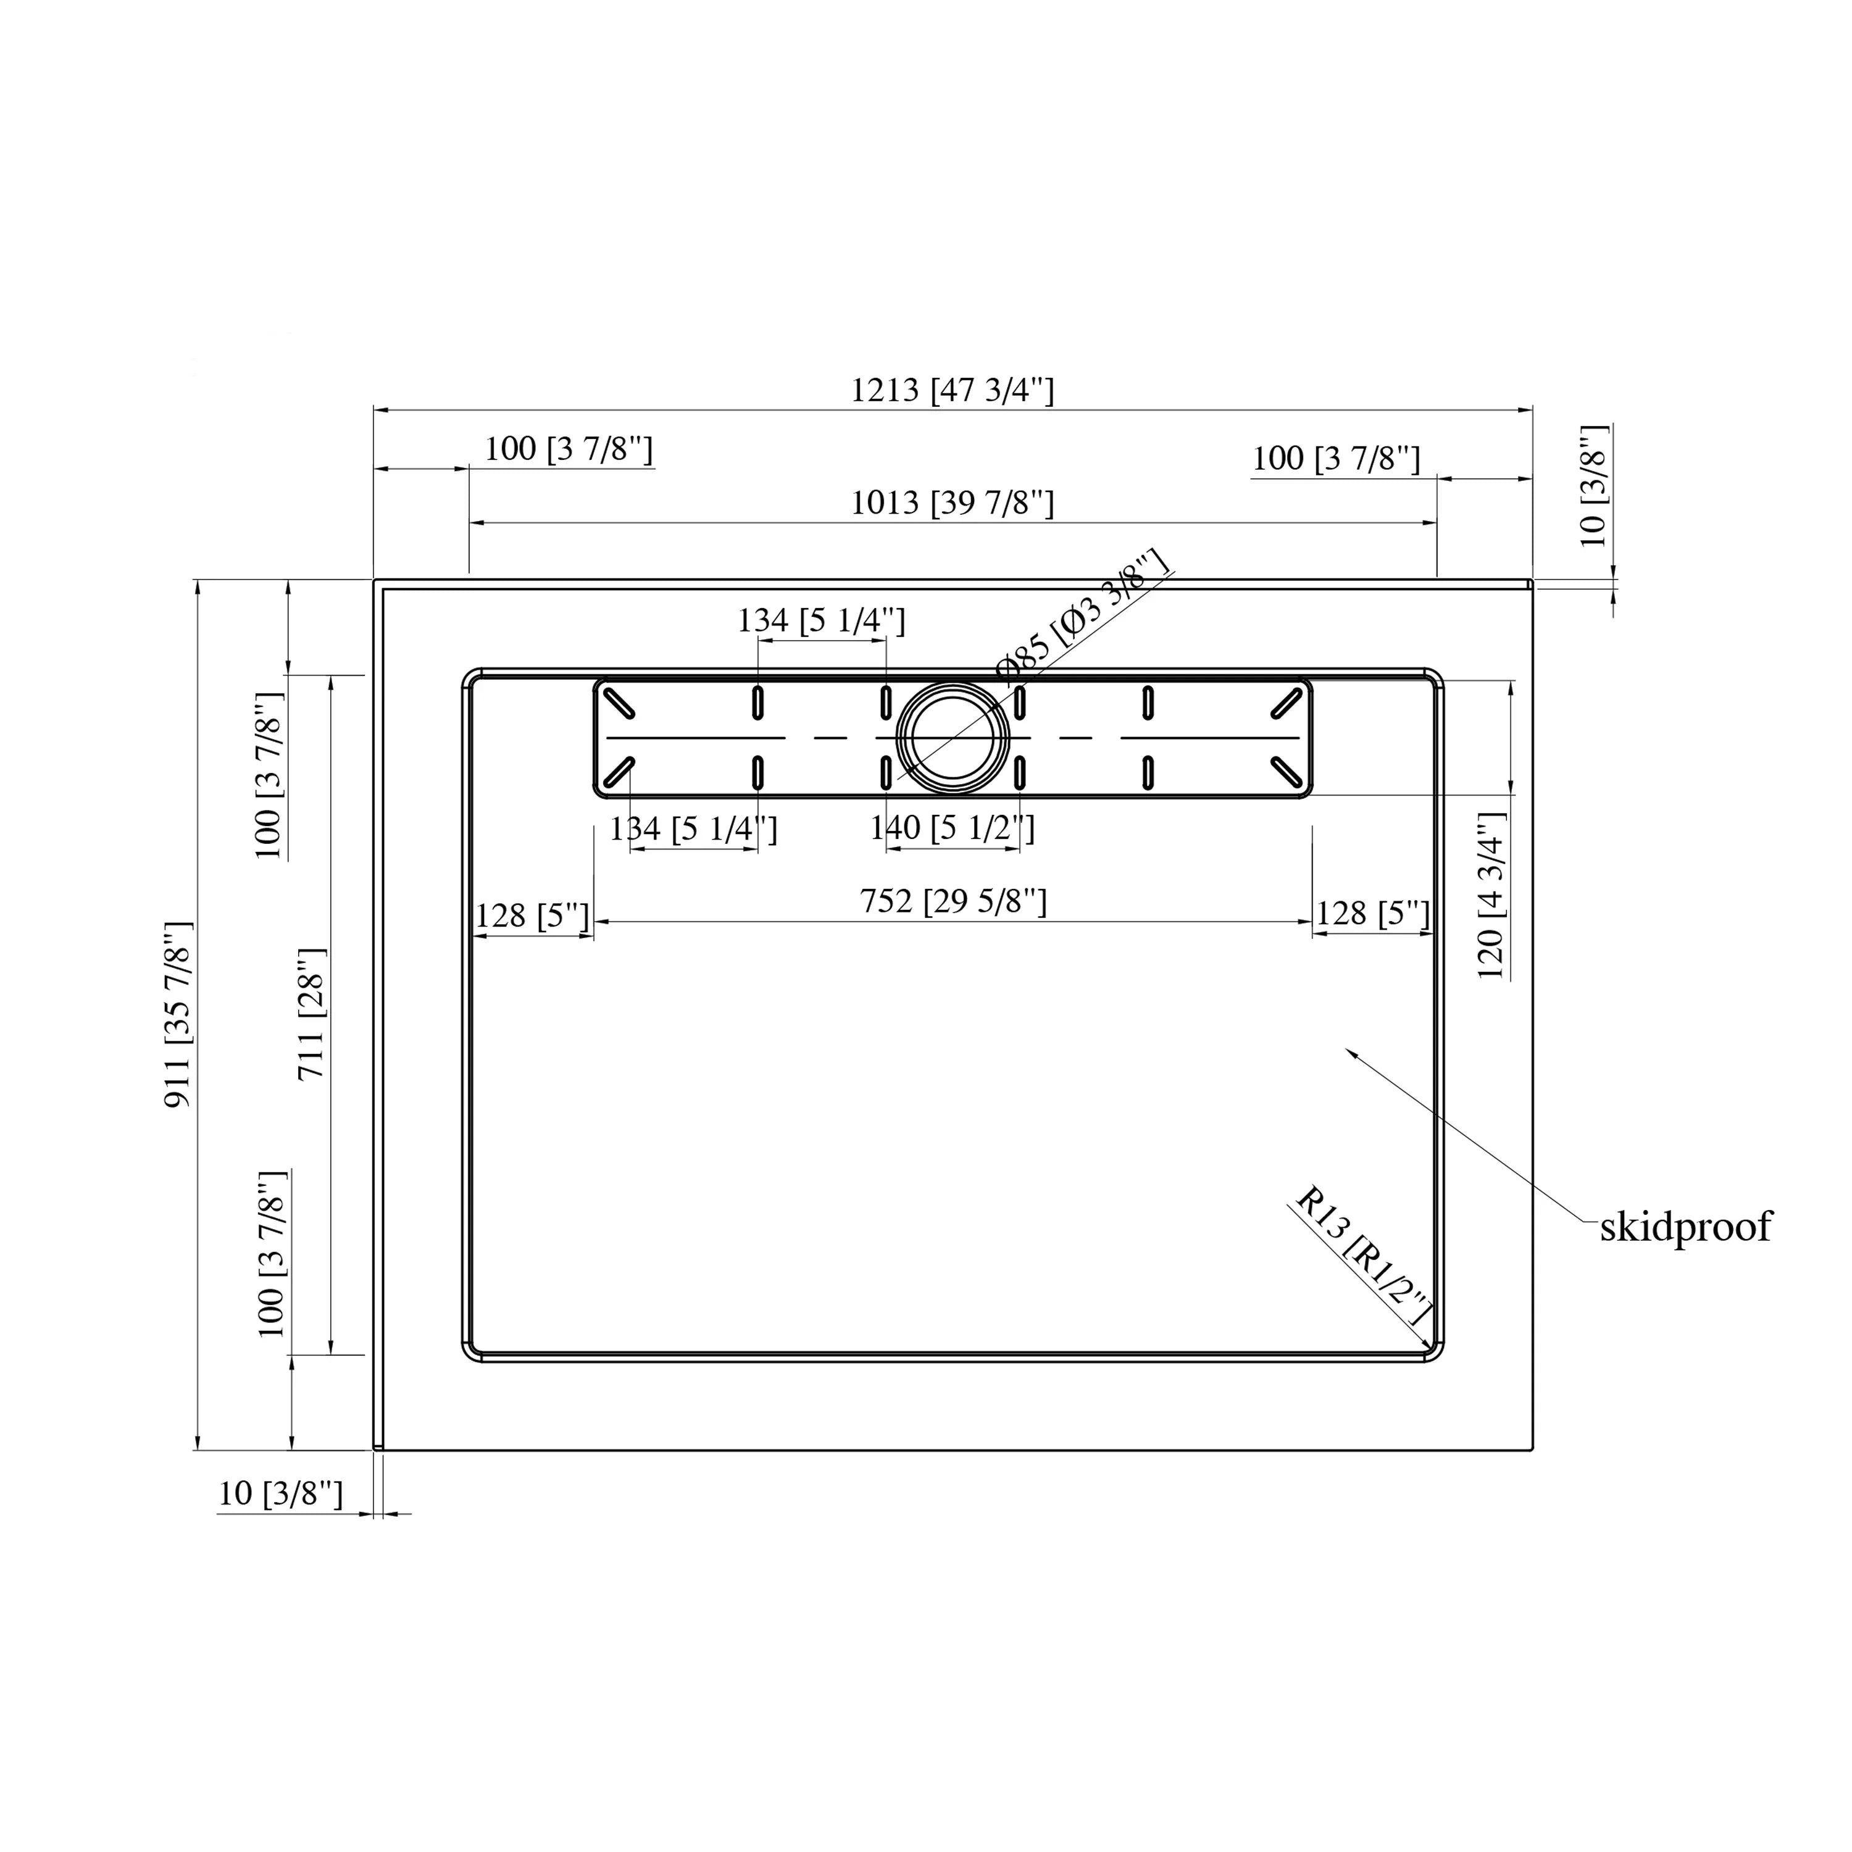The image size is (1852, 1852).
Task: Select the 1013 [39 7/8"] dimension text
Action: coord(952,503)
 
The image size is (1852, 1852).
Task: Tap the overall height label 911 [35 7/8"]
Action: coord(179,1015)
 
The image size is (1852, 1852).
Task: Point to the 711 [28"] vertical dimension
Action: coord(312,1014)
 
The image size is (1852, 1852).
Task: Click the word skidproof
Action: coord(1685,1228)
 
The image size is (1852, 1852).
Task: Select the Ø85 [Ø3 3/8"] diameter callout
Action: coord(1083,614)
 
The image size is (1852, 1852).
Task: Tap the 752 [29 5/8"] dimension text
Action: coord(953,901)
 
